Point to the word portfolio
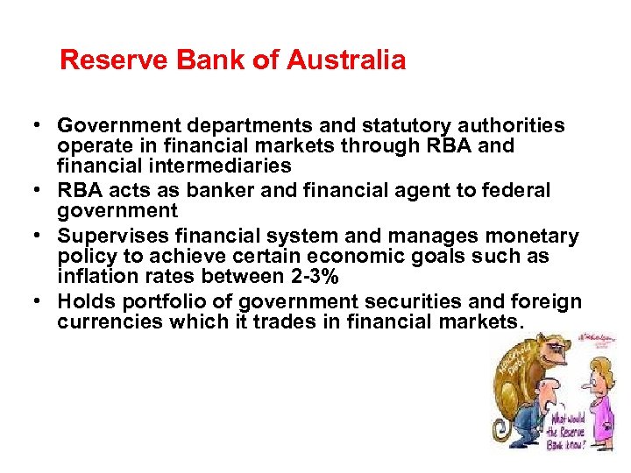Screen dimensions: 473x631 157,302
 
